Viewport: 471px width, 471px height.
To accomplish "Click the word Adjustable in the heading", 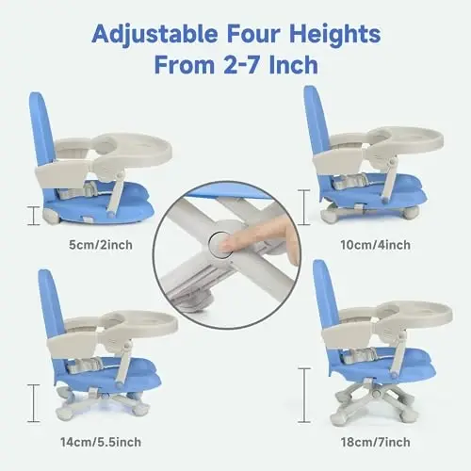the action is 154,35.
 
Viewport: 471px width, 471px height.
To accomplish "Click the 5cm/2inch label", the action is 101,245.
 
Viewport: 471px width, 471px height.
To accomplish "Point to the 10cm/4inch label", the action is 376,245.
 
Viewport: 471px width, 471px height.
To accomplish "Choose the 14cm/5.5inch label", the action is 101,442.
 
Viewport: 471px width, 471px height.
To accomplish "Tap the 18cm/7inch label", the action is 376,442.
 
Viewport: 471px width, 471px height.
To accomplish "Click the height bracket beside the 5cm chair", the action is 33,216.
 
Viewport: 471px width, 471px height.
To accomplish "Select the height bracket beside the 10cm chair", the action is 303,207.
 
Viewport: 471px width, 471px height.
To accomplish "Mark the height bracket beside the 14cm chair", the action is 33,403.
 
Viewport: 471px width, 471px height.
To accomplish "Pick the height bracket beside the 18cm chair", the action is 303,396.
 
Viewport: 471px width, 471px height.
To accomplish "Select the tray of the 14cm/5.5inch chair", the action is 138,324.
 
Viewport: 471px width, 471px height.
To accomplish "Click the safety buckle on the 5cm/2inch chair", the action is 89,188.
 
